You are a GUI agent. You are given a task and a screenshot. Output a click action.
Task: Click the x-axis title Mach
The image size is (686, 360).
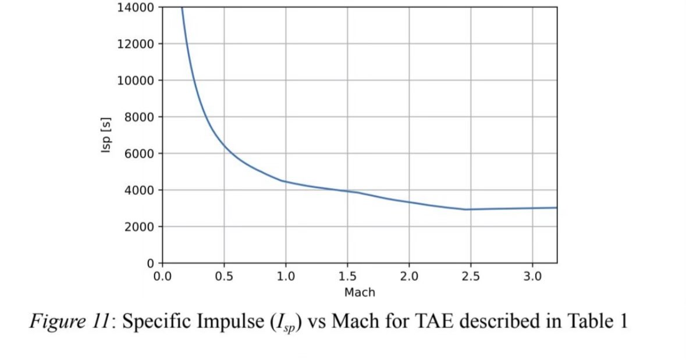pyautogui.click(x=360, y=293)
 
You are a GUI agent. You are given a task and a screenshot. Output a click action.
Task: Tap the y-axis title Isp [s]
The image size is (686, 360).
pyautogui.click(x=106, y=136)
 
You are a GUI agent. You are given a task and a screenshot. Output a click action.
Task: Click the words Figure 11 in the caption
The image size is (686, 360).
pyautogui.click(x=69, y=322)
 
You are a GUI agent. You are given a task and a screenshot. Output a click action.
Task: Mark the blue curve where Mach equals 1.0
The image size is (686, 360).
pyautogui.click(x=286, y=181)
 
